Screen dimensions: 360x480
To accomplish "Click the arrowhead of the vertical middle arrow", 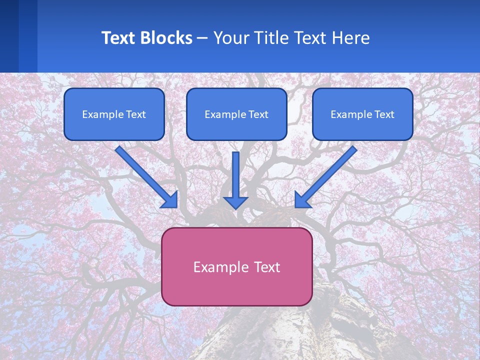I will pos(235,202).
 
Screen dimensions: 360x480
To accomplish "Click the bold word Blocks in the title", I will pos(166,38).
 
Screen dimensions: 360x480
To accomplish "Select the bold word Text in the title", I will pos(119,38).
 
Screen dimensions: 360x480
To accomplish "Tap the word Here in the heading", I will pos(352,38).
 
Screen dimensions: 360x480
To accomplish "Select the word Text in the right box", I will pos(384,114).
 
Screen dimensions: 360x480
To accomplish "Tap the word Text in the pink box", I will pos(267,267).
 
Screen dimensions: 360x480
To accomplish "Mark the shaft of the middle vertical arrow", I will pos(235,172).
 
